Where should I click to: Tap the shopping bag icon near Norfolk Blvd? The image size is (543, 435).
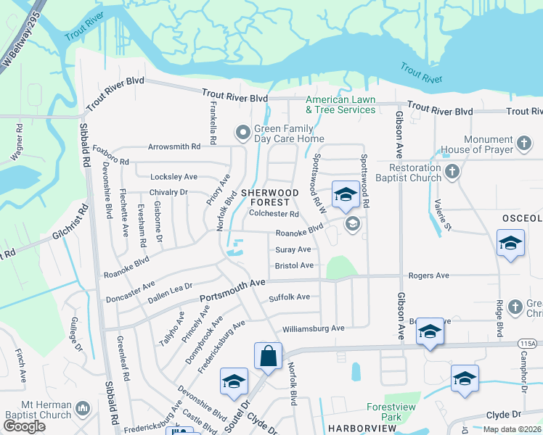(268, 356)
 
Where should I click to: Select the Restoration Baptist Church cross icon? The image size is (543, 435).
(452, 172)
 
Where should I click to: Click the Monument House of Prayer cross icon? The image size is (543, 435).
(524, 144)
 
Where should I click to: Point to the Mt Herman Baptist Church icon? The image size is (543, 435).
(83, 410)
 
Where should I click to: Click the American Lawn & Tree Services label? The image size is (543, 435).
(340, 104)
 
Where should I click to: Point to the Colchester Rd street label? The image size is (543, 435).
(274, 214)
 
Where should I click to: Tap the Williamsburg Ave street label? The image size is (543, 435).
(313, 328)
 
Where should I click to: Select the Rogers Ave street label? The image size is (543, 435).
(428, 275)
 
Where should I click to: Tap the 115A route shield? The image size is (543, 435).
(528, 344)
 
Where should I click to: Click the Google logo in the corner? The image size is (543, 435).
(24, 427)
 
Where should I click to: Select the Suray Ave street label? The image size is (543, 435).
(293, 249)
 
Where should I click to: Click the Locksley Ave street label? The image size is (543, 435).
(173, 177)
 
